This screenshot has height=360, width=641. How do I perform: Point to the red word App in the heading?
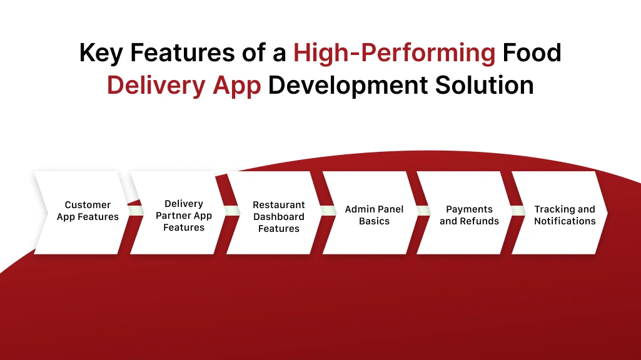pos(237,85)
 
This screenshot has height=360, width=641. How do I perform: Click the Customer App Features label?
pos(88,211)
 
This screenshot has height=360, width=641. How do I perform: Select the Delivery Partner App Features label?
pos(184,216)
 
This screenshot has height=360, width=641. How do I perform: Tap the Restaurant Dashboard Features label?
pos(279,216)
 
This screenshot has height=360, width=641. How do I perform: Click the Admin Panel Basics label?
pos(374,215)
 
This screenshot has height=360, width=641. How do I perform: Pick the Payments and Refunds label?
pos(469,215)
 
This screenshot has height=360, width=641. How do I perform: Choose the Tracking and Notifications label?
pos(565,215)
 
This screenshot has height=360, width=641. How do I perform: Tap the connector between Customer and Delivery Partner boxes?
pos(131,212)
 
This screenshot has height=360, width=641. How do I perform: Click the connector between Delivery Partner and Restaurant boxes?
pos(227,212)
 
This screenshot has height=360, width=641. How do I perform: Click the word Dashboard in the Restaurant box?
pos(279,216)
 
